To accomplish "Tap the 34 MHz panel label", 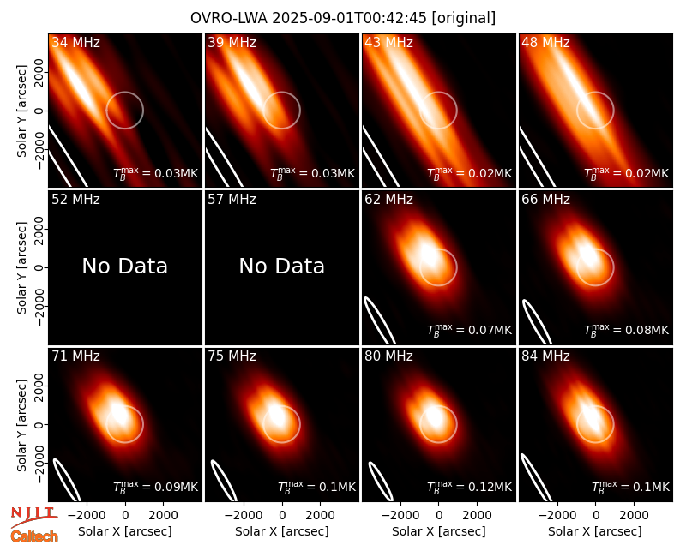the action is pos(75,42).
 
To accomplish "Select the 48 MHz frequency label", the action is pos(545,42).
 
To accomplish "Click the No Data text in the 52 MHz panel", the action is pos(124,266).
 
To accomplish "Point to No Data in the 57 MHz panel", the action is pos(282,266).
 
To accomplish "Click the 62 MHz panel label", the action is pos(388,200).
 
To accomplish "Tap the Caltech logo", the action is pos(34,536).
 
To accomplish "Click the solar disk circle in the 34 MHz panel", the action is pos(124,93).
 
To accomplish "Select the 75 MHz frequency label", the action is pos(232,356).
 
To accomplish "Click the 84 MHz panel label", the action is pos(545,356).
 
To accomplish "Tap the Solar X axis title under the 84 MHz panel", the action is pos(594,531).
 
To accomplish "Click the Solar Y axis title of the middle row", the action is pos(22,267).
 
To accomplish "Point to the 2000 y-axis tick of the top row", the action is pos(39,73).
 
